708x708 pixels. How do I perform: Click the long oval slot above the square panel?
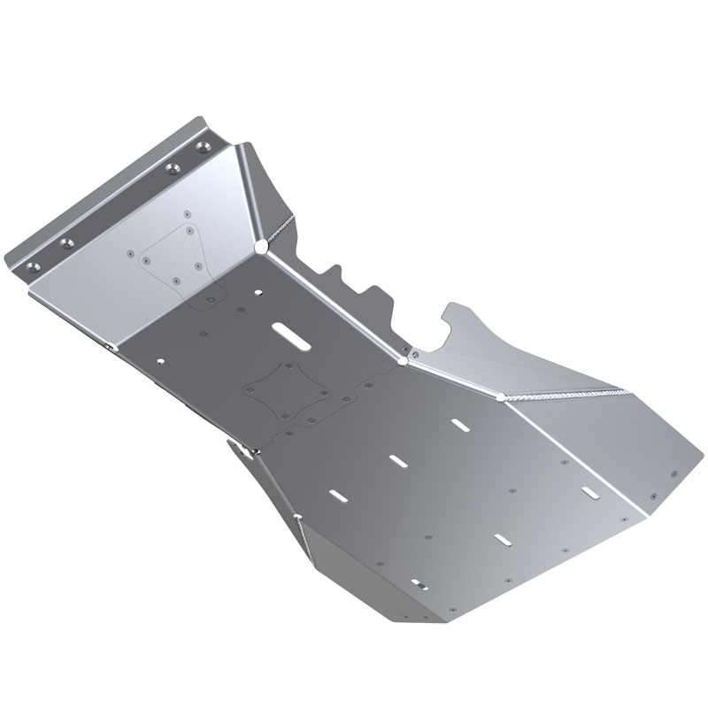point(290,333)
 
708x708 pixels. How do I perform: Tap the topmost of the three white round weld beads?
point(261,244)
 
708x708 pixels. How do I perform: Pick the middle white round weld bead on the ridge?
point(404,360)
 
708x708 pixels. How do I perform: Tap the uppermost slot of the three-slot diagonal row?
point(460,426)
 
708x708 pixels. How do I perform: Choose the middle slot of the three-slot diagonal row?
point(396,458)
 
